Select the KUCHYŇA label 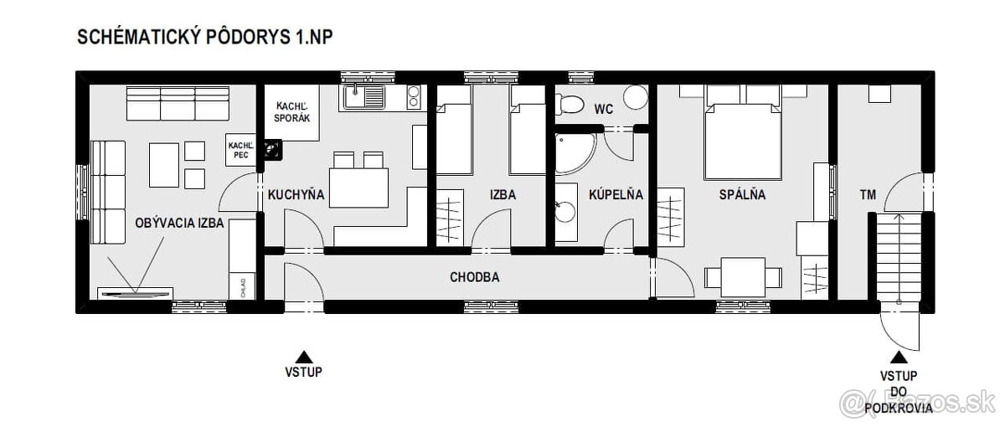(x=296, y=195)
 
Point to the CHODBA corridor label (x=475, y=277)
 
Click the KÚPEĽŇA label (x=616, y=195)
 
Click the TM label (x=868, y=195)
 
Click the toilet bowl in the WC (x=574, y=103)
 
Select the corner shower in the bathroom (x=574, y=149)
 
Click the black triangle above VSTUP (x=304, y=355)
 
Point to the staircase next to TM (x=899, y=255)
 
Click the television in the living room (x=134, y=293)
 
